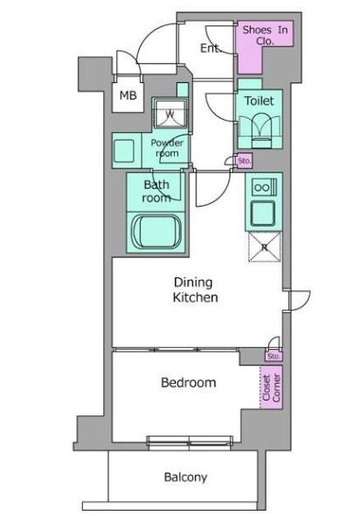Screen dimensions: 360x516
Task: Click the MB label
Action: (128, 95)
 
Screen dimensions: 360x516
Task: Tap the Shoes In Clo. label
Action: (265, 35)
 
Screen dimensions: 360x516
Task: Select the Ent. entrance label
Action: (210, 48)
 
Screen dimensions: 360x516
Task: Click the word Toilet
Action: (260, 101)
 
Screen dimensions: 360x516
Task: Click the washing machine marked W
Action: (170, 113)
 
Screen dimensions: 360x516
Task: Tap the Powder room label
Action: (167, 148)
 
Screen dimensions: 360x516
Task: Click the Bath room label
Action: (156, 192)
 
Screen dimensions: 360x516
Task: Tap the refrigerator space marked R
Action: (265, 247)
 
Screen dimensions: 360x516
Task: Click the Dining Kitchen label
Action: (195, 289)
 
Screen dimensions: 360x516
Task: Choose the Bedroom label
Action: (189, 382)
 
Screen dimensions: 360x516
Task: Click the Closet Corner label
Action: (271, 387)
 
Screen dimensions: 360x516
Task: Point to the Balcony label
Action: (186, 477)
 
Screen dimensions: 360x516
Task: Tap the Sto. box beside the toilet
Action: (245, 161)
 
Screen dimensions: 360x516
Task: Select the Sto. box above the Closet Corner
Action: (273, 357)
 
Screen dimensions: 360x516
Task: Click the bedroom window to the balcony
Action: (190, 442)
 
